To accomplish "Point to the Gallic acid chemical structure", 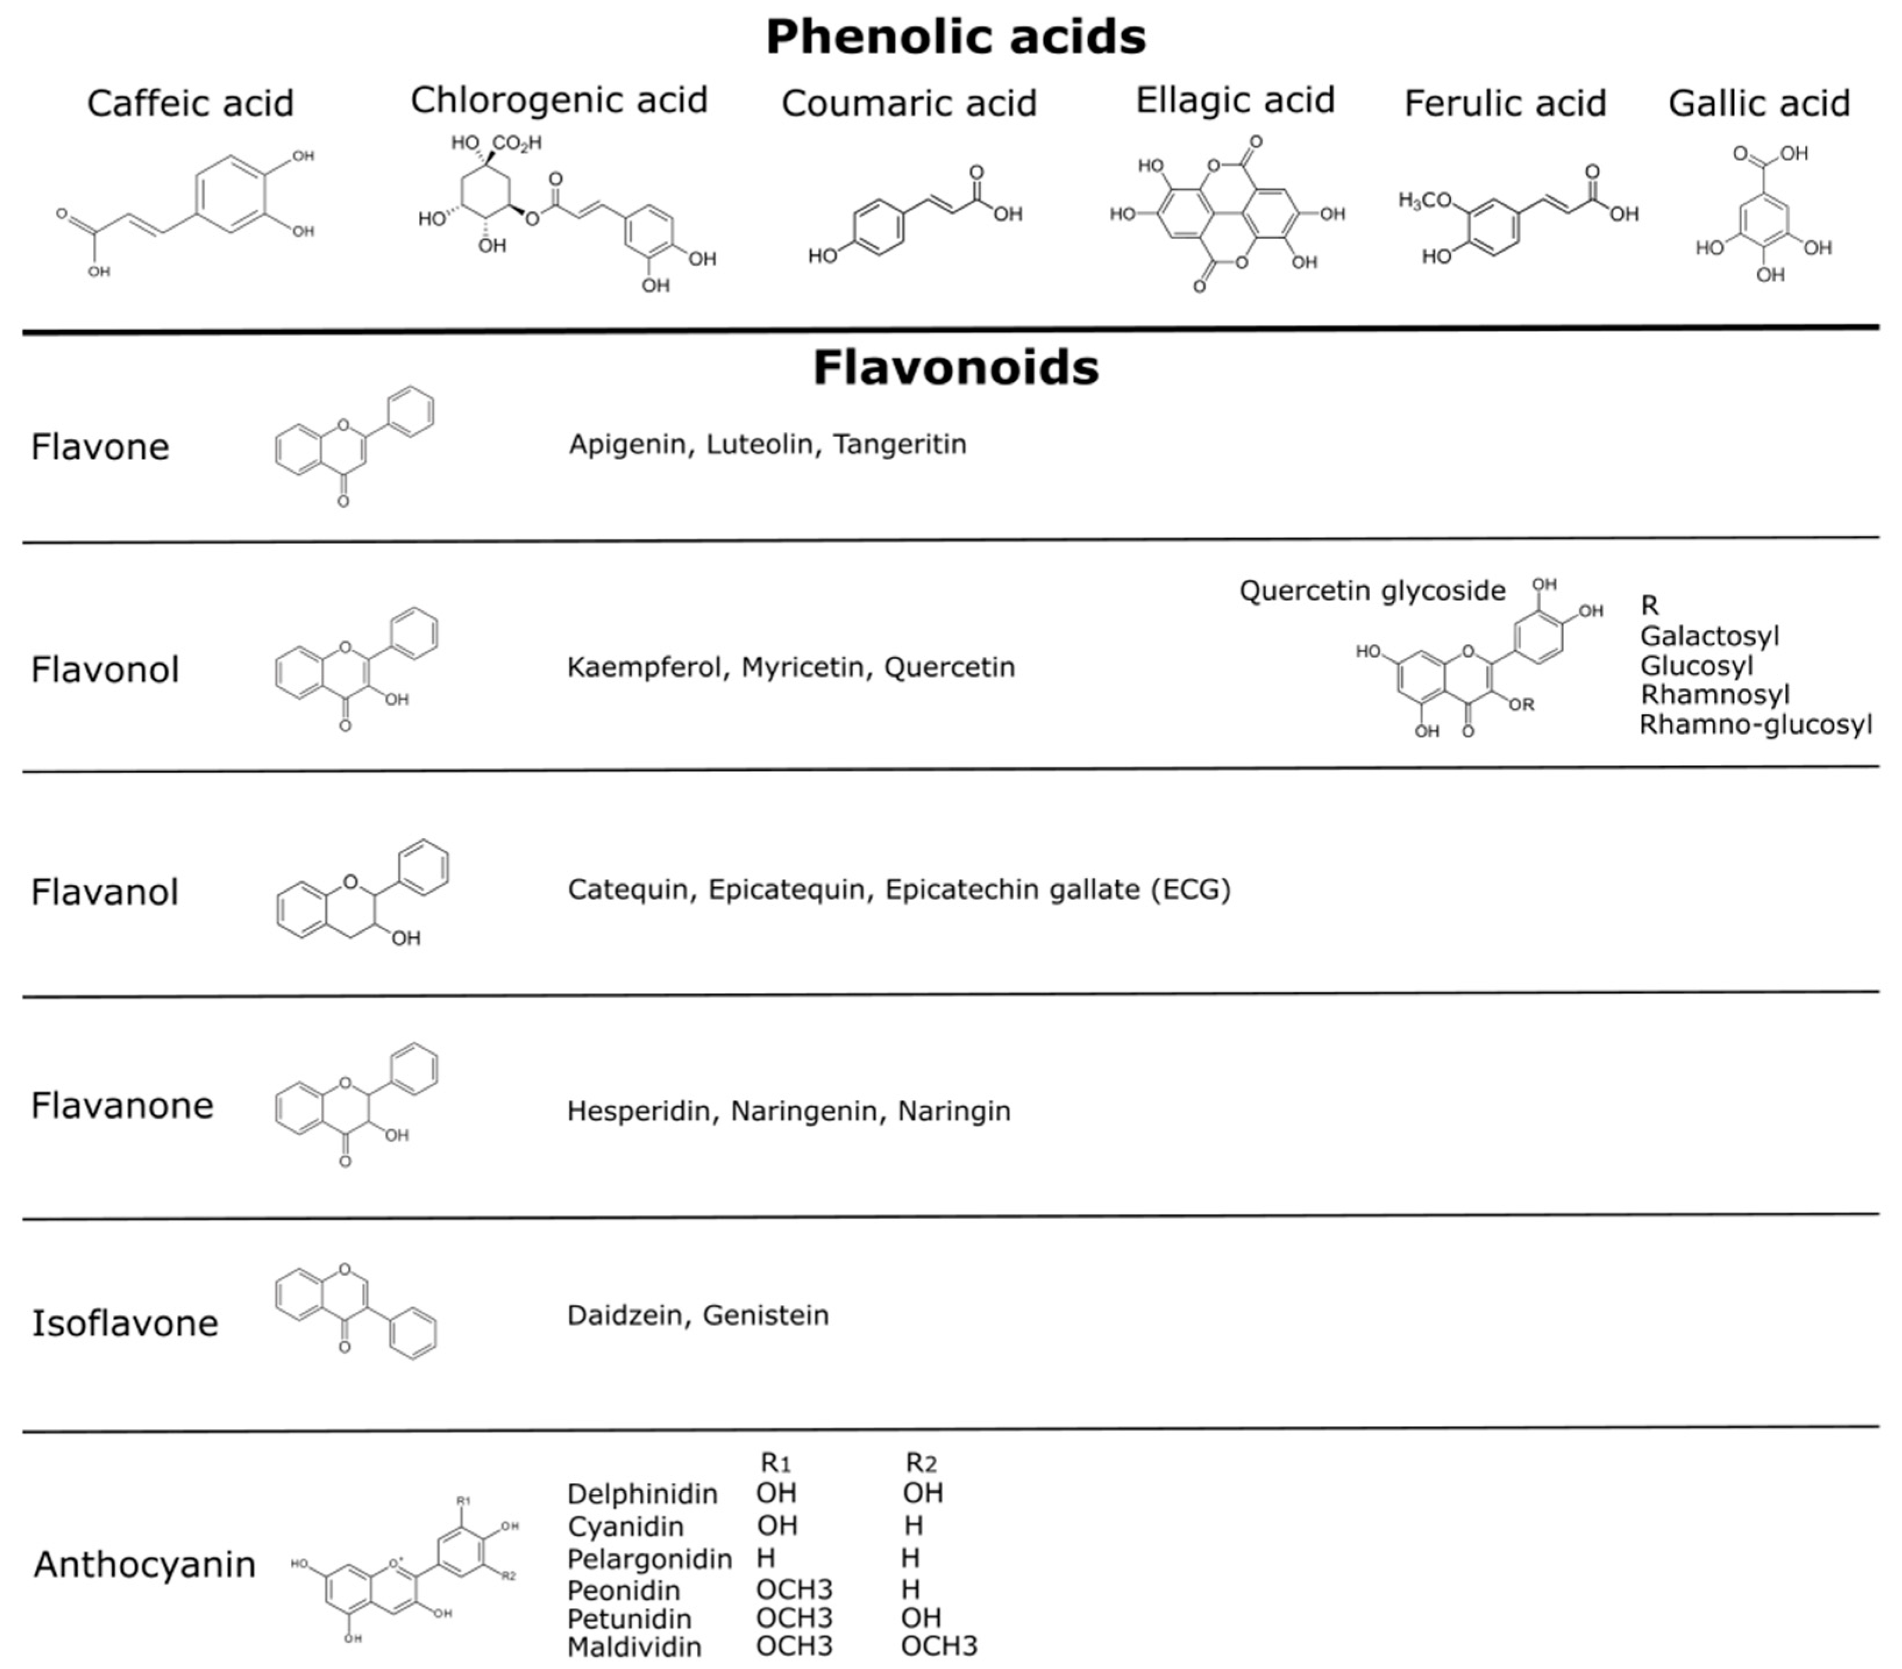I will pyautogui.click(x=1761, y=214).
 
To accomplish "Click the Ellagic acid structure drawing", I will pyautogui.click(x=1227, y=214).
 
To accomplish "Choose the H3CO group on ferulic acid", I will pyautogui.click(x=1424, y=200).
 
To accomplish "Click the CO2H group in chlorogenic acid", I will pyautogui.click(x=517, y=143).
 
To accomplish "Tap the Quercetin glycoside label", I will pyautogui.click(x=1372, y=590).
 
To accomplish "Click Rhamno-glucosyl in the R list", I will pyautogui.click(x=1755, y=724).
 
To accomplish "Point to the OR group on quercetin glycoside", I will pyautogui.click(x=1520, y=704).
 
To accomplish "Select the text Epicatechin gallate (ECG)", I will pyautogui.click(x=1057, y=889).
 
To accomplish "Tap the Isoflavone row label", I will pyautogui.click(x=124, y=1323).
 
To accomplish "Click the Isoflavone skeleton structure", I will pyautogui.click(x=355, y=1311).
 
